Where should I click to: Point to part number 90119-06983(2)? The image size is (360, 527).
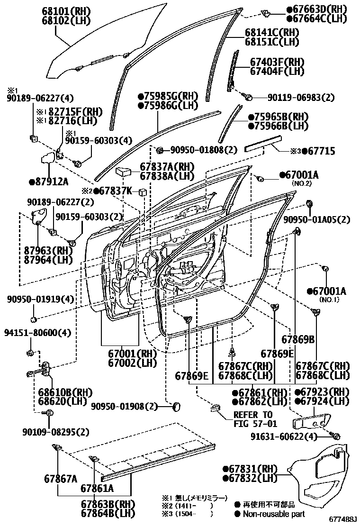tap(301, 98)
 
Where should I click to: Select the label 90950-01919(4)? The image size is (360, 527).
tap(40, 300)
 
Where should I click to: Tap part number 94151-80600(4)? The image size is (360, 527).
tap(38, 333)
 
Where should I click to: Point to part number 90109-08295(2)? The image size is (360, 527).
tap(55, 432)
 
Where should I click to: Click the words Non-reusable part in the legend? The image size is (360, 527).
tap(274, 514)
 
